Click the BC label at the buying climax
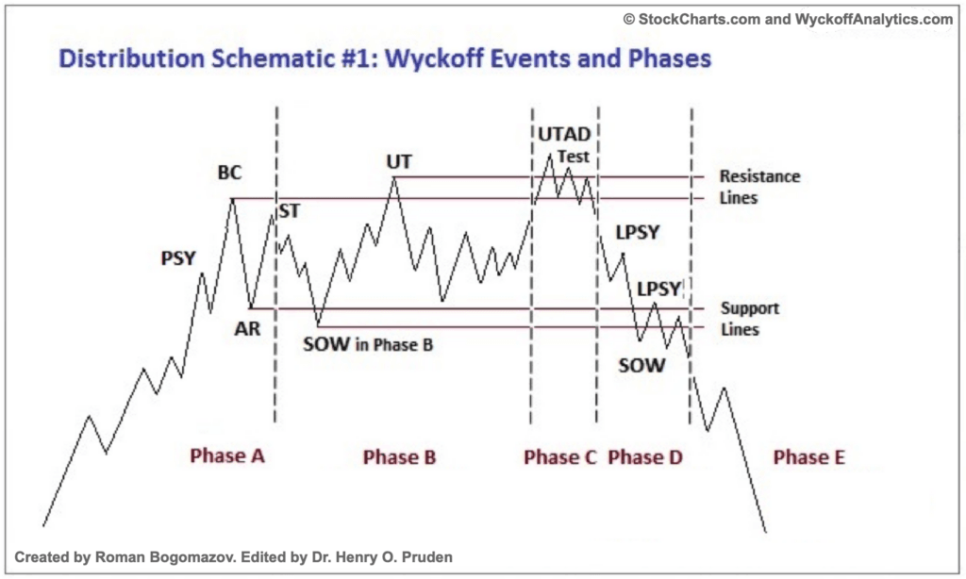pos(229,173)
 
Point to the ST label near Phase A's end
pos(289,211)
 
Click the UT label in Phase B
pos(398,161)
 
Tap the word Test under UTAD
pos(573,157)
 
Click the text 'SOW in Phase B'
pos(368,344)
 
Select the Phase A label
pos(227,456)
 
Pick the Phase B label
pos(399,457)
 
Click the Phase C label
pos(560,457)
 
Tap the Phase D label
pos(645,457)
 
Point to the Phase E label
pos(808,457)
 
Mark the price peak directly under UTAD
pos(550,153)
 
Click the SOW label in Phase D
pos(641,365)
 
